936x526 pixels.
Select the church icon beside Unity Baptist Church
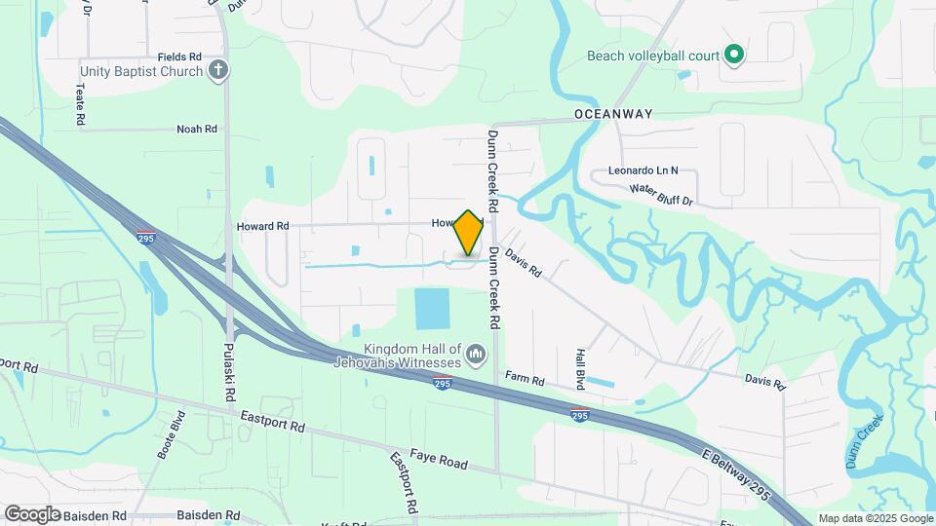point(218,70)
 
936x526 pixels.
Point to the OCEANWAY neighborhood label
point(613,114)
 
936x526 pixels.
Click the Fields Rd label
point(179,57)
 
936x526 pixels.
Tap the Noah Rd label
point(196,129)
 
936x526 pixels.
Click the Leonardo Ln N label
point(643,169)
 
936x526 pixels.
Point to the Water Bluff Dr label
point(660,195)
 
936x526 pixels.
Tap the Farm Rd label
point(524,377)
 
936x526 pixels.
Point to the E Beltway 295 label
point(736,476)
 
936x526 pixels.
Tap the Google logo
point(32,513)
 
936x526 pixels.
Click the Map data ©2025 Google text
point(876,518)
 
